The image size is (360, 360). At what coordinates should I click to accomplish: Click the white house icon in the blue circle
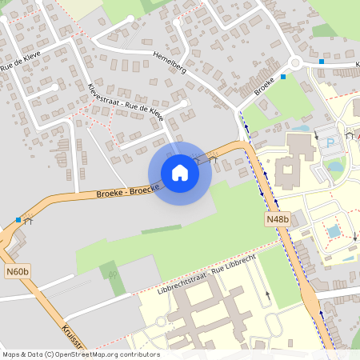coord(180,173)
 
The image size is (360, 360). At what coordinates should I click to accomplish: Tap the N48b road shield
coord(278,218)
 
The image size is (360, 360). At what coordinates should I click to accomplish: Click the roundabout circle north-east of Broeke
coord(295,63)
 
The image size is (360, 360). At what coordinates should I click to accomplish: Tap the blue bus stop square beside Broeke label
coord(283,78)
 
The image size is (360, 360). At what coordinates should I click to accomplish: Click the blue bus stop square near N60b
coord(18,219)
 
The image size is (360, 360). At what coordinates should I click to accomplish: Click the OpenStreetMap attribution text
coord(80,354)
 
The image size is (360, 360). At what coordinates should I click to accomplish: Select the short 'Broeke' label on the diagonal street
coord(265,86)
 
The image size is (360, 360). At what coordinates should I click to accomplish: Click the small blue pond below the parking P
coord(335,166)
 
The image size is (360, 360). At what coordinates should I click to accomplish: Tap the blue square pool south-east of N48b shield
coord(334,231)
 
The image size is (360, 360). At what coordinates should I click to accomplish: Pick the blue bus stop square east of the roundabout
coord(322,61)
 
